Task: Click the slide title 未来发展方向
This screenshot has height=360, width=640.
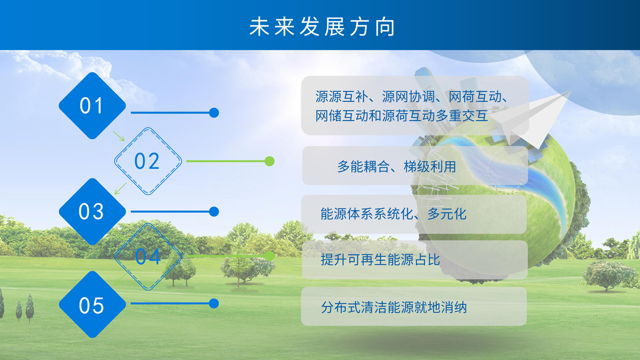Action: point(322,27)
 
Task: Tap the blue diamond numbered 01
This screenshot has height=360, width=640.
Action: point(92,105)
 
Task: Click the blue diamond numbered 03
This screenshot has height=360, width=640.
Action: point(92,212)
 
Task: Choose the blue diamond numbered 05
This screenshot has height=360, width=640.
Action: point(92,304)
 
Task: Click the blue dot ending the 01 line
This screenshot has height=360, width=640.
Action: point(214,113)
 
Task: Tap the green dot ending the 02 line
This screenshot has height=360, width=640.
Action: point(269,161)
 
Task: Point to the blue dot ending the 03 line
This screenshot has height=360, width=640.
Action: point(214,212)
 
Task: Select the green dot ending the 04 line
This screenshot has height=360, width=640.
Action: point(269,256)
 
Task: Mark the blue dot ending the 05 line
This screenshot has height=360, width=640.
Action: point(214,303)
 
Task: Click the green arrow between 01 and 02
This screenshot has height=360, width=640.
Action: point(119,136)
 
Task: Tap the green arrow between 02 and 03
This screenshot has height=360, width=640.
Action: point(121,188)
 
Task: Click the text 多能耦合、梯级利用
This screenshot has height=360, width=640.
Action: point(397,167)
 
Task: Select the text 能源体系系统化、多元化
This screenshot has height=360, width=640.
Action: point(394,214)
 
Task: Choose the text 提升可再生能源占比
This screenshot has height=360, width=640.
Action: point(380,260)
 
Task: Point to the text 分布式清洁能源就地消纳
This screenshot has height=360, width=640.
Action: point(394,307)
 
